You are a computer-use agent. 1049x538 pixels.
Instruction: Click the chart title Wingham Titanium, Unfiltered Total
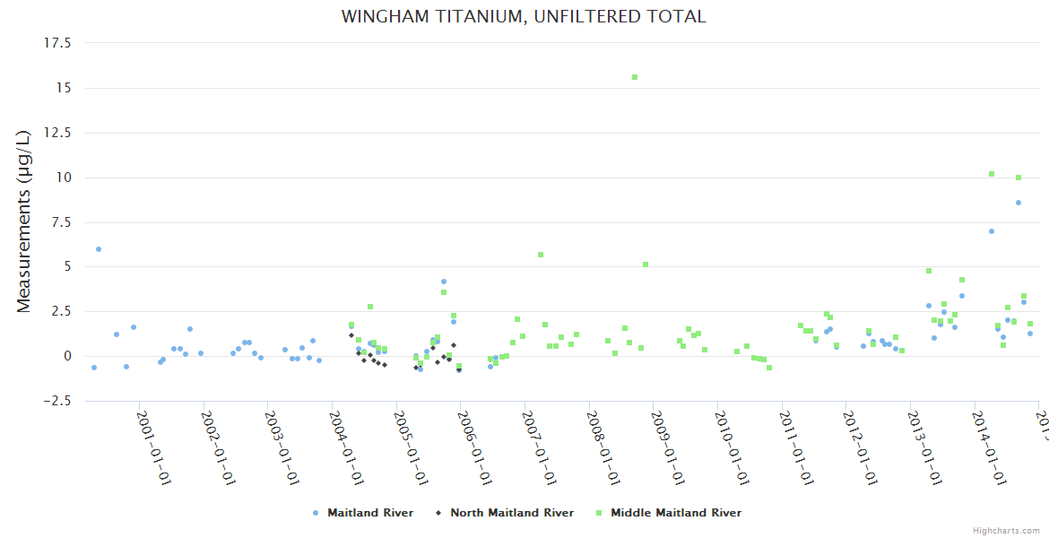pyautogui.click(x=524, y=17)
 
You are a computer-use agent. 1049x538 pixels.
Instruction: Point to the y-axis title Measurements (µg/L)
pyautogui.click(x=24, y=221)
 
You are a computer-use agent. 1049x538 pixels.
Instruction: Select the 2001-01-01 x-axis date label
pyautogui.click(x=154, y=448)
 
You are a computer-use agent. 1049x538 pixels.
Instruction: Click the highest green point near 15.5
pyautogui.click(x=635, y=77)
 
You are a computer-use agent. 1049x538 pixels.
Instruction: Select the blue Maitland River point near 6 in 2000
pyautogui.click(x=99, y=249)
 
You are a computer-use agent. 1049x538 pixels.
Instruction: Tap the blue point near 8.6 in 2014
pyautogui.click(x=1019, y=203)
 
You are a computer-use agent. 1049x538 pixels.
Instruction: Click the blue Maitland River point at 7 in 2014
pyautogui.click(x=992, y=231)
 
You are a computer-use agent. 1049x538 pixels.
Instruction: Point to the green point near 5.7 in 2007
pyautogui.click(x=541, y=255)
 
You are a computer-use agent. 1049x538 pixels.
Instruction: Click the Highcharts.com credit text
pyautogui.click(x=1006, y=531)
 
